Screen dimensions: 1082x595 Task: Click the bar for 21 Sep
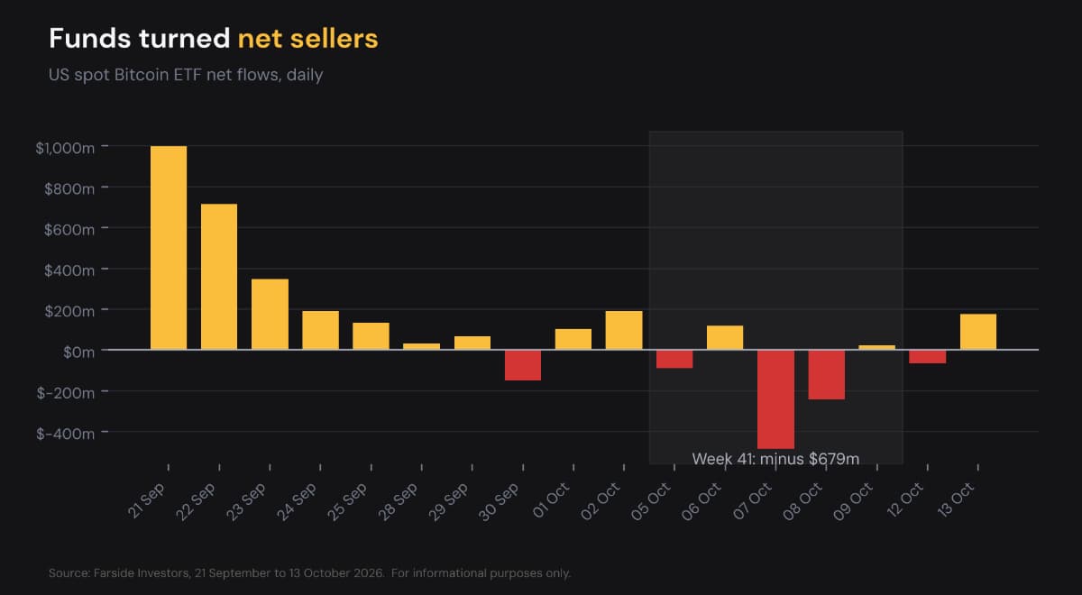click(169, 248)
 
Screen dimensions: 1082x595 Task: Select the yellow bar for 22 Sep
click(219, 277)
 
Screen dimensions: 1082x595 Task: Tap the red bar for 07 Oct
click(775, 399)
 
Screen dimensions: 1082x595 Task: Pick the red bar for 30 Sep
click(523, 365)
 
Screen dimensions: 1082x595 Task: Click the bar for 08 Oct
click(827, 375)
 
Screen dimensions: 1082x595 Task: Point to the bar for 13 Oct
click(978, 332)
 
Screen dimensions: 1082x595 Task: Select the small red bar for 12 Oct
click(928, 356)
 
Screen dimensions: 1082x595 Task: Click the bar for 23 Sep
click(270, 315)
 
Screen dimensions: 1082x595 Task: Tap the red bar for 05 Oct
click(674, 359)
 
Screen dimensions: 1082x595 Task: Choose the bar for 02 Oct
click(624, 330)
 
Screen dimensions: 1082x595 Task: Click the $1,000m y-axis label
click(65, 148)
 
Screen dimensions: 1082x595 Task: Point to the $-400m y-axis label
click(65, 434)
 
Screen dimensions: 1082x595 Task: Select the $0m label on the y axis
click(78, 352)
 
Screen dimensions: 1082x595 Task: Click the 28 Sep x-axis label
click(399, 502)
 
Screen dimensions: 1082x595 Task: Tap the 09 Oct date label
click(854, 502)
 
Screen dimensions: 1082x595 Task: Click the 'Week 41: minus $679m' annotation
click(775, 459)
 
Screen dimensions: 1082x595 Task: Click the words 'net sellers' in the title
click(307, 39)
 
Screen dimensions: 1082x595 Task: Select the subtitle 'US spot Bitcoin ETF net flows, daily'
click(186, 76)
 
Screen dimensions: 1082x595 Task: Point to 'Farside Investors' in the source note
click(142, 573)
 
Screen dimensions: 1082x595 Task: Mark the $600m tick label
click(69, 230)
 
